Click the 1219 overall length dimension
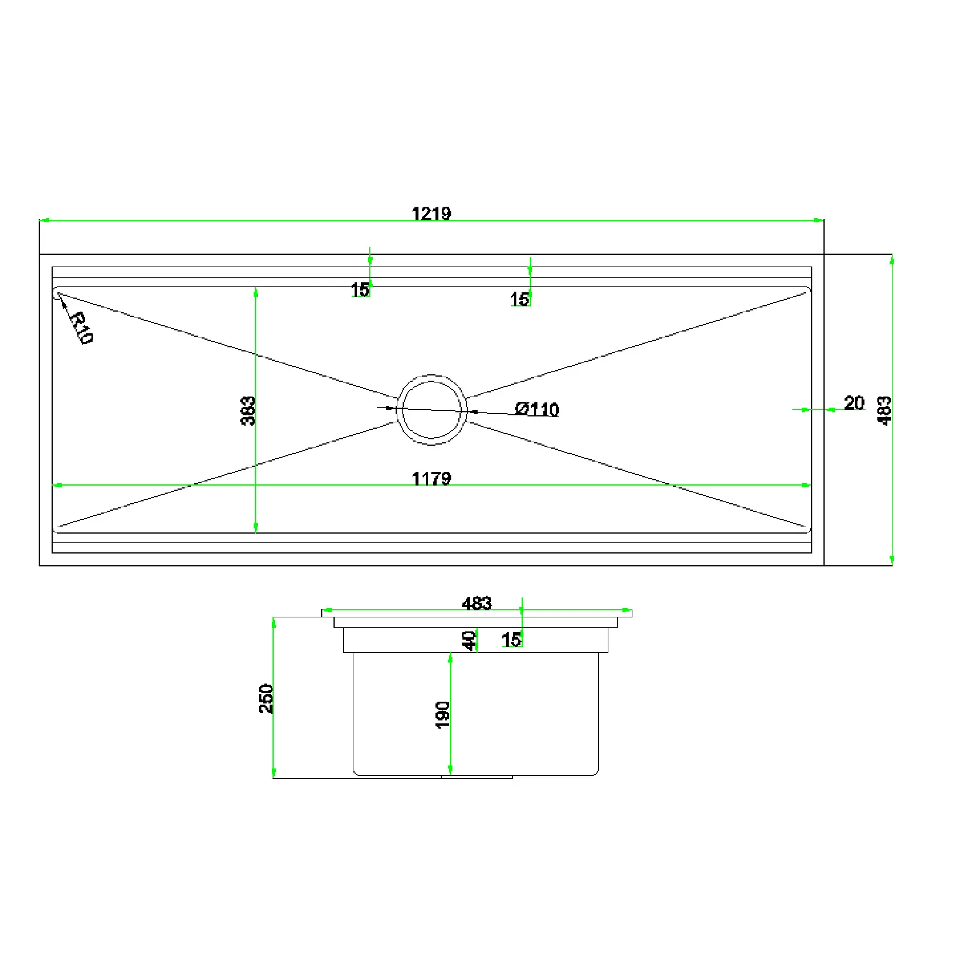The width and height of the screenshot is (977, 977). pos(431,214)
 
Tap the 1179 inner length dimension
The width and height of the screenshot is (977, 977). pos(431,479)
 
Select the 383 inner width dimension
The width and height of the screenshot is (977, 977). pos(248,411)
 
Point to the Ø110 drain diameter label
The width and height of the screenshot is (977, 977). pos(537,409)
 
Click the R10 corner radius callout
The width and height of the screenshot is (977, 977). pos(81,328)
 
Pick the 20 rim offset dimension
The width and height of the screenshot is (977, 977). pos(854,403)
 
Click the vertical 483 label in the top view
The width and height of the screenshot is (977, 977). pos(884,411)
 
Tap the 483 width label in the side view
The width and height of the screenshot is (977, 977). pos(476,603)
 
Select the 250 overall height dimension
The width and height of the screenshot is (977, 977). pos(266,698)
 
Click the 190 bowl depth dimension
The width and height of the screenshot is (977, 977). pos(442,715)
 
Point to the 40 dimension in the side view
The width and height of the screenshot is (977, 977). pos(469,640)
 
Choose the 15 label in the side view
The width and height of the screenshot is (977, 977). pos(511,640)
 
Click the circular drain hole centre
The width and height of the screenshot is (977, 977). pos(431,409)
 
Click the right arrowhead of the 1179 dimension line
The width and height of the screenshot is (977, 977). pos(806,485)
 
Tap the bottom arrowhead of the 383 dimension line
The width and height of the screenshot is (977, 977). pos(256,528)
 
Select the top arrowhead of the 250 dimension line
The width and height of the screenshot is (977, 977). pos(274,622)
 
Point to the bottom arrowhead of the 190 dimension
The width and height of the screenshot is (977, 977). pos(450,770)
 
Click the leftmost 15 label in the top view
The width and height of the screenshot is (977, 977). pos(360,289)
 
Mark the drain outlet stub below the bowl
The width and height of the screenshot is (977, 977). pos(476,777)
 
